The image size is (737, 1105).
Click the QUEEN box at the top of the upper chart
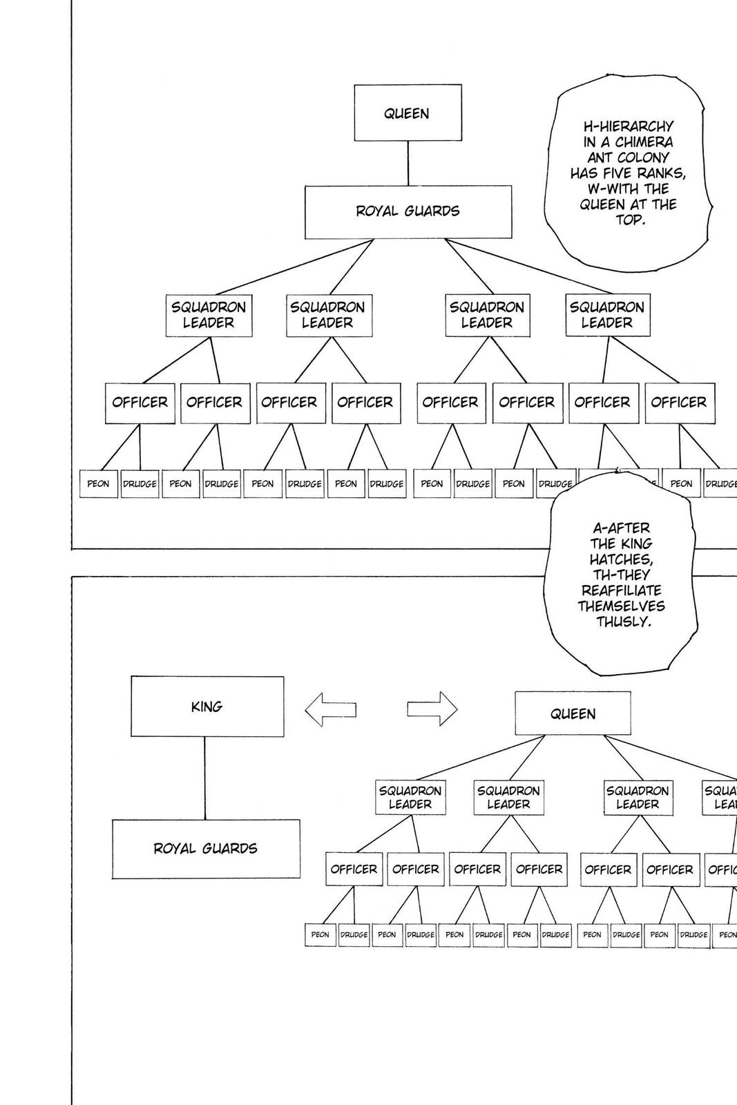pos(408,113)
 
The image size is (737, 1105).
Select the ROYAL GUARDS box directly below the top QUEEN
pos(408,211)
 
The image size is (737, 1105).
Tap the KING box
pos(207,707)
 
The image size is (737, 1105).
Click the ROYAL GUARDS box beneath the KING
pos(206,849)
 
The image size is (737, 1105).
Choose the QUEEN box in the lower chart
pos(573,713)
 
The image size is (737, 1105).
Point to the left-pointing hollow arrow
pos(330,709)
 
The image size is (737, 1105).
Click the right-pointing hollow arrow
pos(432,709)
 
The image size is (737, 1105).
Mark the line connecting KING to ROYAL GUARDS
pos(204,778)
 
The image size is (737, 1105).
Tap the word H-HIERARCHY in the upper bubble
pos(628,126)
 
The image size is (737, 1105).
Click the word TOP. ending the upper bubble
pos(630,220)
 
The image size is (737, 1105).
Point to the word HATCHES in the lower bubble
pos(621,559)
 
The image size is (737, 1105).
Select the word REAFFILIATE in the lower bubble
pos(621,590)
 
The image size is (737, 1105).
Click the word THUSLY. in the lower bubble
pos(624,622)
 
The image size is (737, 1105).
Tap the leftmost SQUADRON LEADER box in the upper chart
pos(209,315)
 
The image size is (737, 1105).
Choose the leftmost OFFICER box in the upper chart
pos(140,403)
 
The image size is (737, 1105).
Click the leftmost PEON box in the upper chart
pos(98,484)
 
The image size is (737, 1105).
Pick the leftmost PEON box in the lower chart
pos(320,934)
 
